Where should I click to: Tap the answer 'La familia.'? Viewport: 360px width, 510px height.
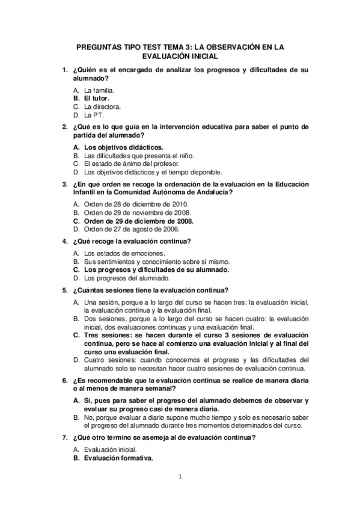[x=99, y=90]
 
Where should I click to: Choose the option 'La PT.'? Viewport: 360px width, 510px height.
[x=94, y=114]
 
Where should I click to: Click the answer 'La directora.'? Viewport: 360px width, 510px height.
[x=103, y=106]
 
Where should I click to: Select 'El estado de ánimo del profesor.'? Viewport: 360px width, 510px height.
[x=132, y=163]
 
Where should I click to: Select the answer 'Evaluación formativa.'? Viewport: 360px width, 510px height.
[x=118, y=458]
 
